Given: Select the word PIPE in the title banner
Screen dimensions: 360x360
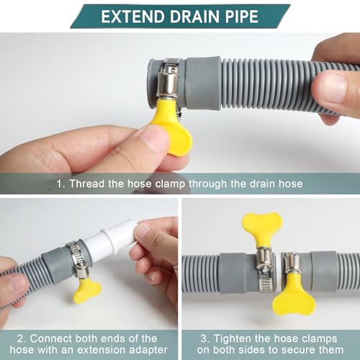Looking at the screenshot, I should [241, 16].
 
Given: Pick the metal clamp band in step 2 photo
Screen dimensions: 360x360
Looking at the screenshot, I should [77, 258].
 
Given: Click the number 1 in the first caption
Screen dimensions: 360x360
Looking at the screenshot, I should [60, 184].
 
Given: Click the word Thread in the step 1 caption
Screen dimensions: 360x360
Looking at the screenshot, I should [89, 184].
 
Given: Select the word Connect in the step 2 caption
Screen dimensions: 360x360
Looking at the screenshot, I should [55, 338].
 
